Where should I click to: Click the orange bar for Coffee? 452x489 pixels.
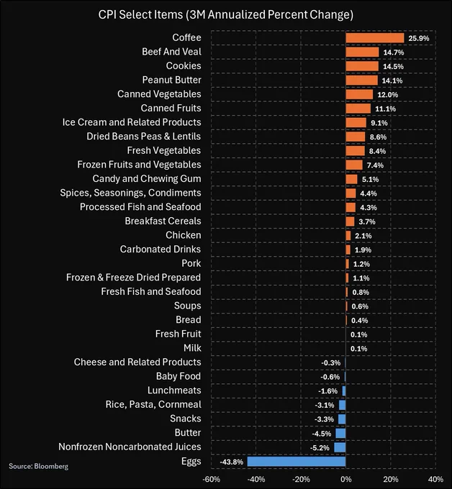(374, 38)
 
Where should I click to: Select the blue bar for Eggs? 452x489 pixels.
(297, 462)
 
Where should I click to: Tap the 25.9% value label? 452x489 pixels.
(417, 38)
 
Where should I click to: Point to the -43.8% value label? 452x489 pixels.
(233, 462)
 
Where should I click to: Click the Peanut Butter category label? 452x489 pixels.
(171, 80)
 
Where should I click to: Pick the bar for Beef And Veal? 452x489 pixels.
(362, 52)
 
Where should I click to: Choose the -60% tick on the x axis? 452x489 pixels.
(211, 479)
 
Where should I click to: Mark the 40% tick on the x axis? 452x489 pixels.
(435, 479)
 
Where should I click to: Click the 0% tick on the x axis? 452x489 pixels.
(345, 479)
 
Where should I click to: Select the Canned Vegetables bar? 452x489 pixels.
(359, 94)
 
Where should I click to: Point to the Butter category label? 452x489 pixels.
(188, 433)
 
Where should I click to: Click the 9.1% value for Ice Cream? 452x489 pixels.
(378, 122)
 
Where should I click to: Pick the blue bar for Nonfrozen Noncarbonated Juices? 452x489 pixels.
(340, 447)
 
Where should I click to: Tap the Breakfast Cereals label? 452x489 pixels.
(163, 221)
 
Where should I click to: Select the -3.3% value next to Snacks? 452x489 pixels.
(326, 419)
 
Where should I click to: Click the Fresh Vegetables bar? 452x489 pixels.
(355, 150)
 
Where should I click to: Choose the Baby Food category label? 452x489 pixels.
(178, 376)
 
